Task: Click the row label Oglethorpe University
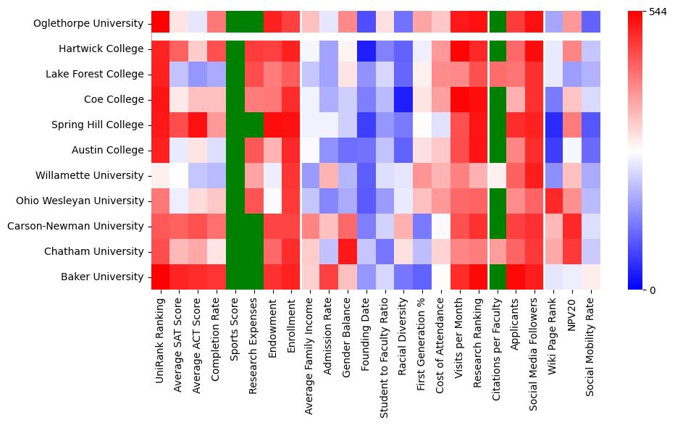point(89,24)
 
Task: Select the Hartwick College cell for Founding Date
point(366,49)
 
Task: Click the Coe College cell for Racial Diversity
point(404,99)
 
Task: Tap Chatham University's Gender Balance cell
point(348,251)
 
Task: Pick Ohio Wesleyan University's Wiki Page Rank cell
point(554,201)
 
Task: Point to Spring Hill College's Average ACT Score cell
point(197,125)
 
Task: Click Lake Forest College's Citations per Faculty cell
point(498,75)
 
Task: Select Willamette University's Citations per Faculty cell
point(498,175)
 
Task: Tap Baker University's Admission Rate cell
point(329,277)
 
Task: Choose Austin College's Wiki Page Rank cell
point(554,150)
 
